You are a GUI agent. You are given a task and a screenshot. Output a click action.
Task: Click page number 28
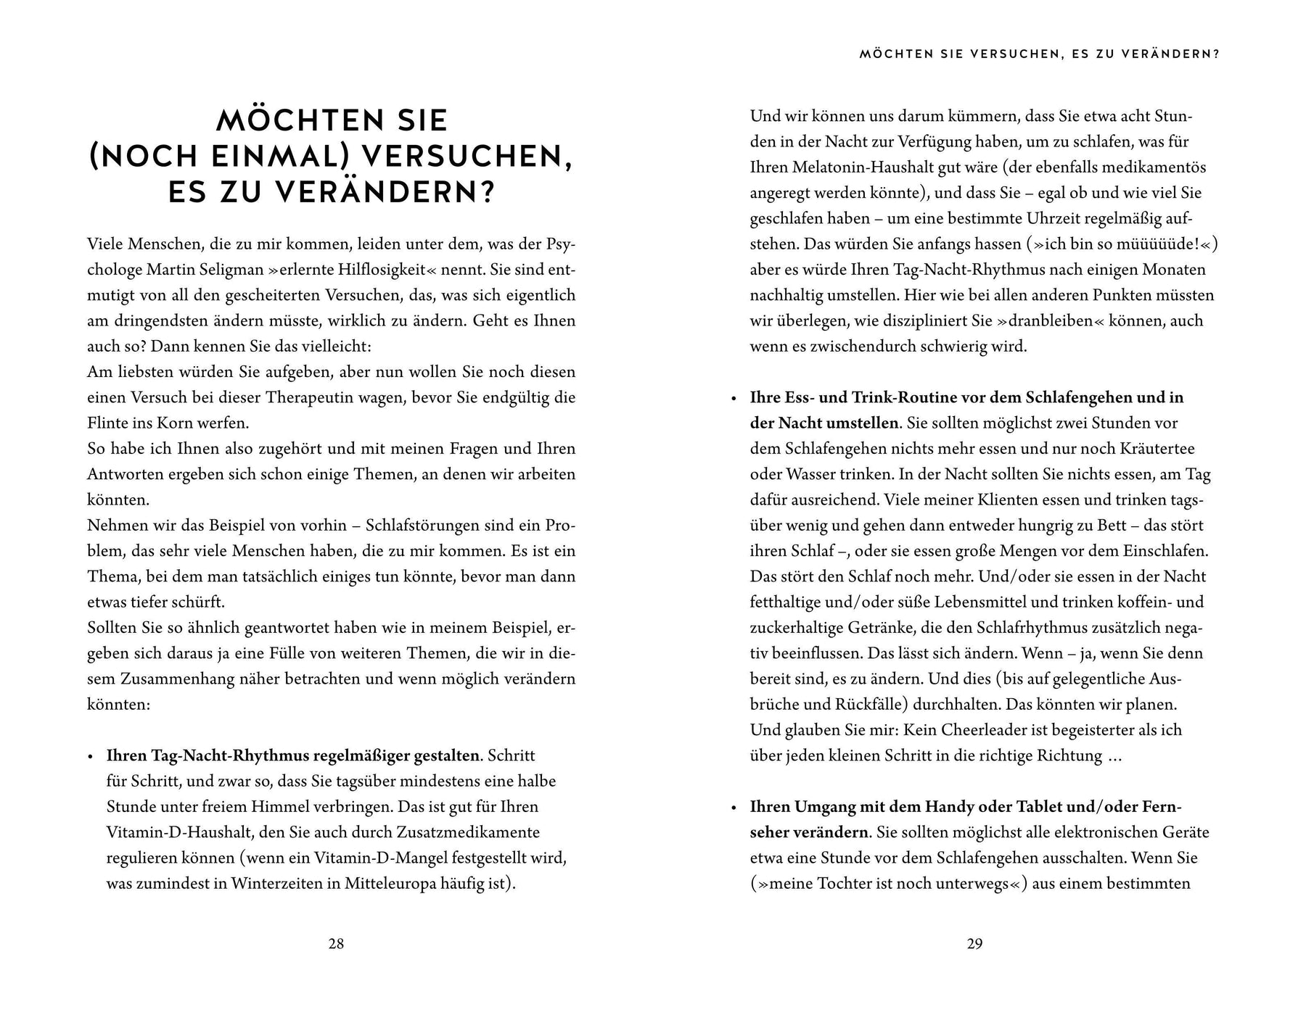click(336, 944)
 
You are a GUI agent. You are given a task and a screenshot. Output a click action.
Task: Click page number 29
click(974, 944)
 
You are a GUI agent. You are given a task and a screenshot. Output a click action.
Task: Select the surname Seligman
click(224, 270)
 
